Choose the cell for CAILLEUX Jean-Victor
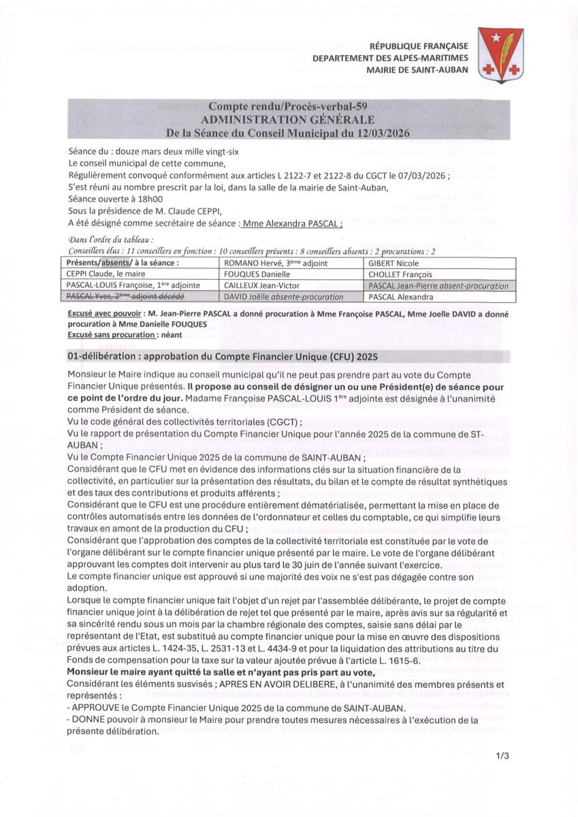261,286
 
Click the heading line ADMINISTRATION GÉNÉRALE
289,119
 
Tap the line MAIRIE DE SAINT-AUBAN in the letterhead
417,69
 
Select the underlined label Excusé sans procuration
112,335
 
